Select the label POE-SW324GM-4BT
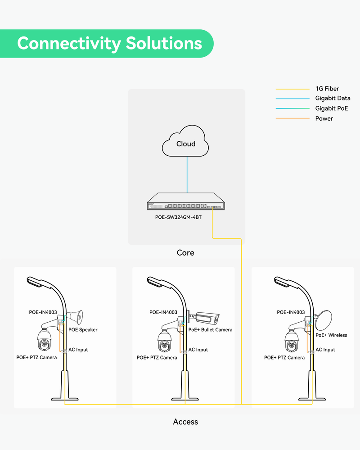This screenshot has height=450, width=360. tap(185, 217)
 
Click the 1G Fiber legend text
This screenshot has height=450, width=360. tap(327, 89)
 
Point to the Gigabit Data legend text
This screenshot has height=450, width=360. tap(333, 98)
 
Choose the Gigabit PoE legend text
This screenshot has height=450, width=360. tap(332, 108)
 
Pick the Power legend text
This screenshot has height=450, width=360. tap(324, 118)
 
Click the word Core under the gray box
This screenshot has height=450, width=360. tap(185, 253)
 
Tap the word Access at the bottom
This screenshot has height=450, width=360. tap(185, 422)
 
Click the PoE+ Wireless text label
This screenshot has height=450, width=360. tap(331, 335)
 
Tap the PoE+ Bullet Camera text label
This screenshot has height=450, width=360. tap(210, 330)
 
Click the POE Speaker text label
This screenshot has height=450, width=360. tap(83, 330)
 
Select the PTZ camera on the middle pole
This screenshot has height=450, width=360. tap(165, 342)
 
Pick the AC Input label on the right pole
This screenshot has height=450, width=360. tap(325, 350)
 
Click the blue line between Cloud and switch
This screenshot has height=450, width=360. tap(186, 175)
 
